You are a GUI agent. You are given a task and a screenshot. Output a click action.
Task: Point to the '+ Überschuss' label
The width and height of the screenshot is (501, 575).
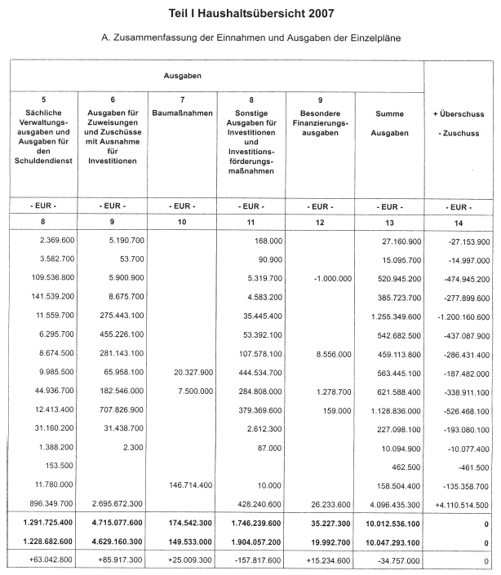(459, 114)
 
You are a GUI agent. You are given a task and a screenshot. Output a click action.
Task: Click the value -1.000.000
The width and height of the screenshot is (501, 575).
(332, 278)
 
